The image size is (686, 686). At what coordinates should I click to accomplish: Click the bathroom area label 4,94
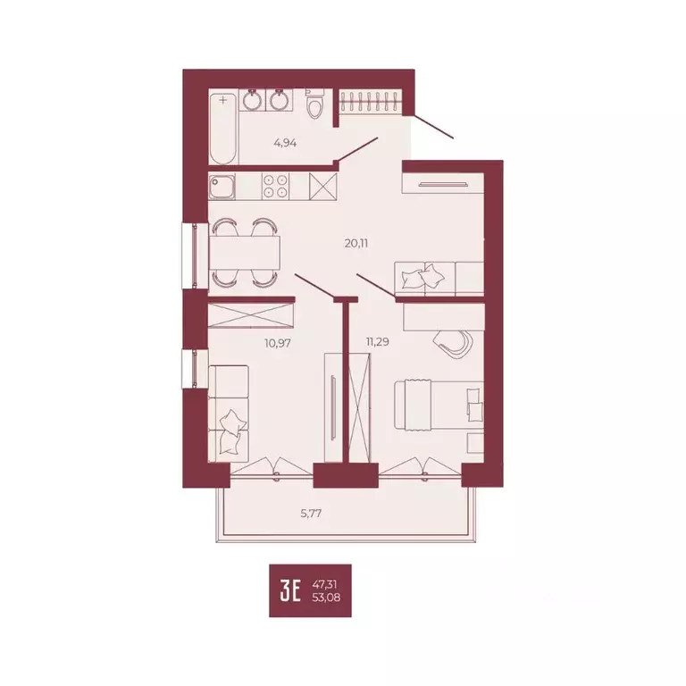click(284, 142)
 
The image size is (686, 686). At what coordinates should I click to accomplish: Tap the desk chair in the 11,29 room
click(453, 341)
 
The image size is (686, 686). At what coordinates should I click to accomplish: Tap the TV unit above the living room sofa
click(443, 184)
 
